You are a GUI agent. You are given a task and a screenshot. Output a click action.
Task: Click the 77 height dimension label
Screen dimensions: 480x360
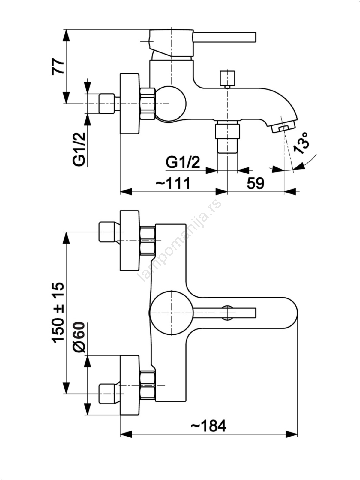(58, 67)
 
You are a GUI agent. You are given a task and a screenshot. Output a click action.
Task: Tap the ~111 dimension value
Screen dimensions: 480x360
(173, 183)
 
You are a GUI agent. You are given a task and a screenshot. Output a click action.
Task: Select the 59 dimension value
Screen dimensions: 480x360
(256, 183)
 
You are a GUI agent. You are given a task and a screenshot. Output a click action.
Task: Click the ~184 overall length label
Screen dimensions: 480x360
(209, 426)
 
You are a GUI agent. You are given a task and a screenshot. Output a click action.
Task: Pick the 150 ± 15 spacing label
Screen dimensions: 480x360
(58, 312)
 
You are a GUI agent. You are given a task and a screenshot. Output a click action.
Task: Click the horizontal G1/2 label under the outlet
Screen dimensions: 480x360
(183, 162)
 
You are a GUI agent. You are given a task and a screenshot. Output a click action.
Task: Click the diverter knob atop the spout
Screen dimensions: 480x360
(227, 78)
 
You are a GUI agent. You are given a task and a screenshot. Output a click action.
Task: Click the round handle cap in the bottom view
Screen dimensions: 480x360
(171, 313)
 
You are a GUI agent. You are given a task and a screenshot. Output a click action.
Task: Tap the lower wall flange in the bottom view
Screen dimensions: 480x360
(130, 385)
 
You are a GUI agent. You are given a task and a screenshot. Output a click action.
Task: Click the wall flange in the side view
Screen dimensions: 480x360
(130, 103)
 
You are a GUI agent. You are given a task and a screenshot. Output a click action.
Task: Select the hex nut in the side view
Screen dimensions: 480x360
(147, 103)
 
